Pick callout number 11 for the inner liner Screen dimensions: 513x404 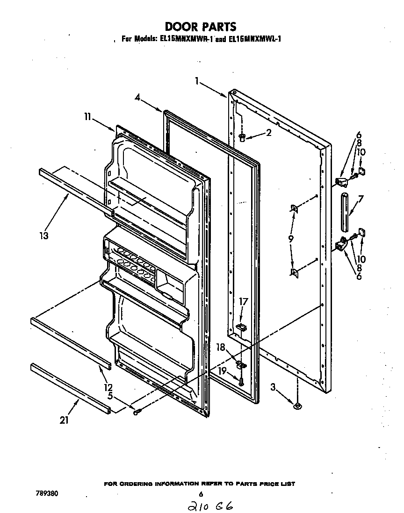pos(87,118)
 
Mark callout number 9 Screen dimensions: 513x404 pos(291,238)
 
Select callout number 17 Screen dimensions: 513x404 pos(243,302)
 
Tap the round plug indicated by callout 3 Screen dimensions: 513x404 pos(297,407)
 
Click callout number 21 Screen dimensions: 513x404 pos(64,420)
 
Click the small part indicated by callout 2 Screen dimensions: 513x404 pos(242,137)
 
